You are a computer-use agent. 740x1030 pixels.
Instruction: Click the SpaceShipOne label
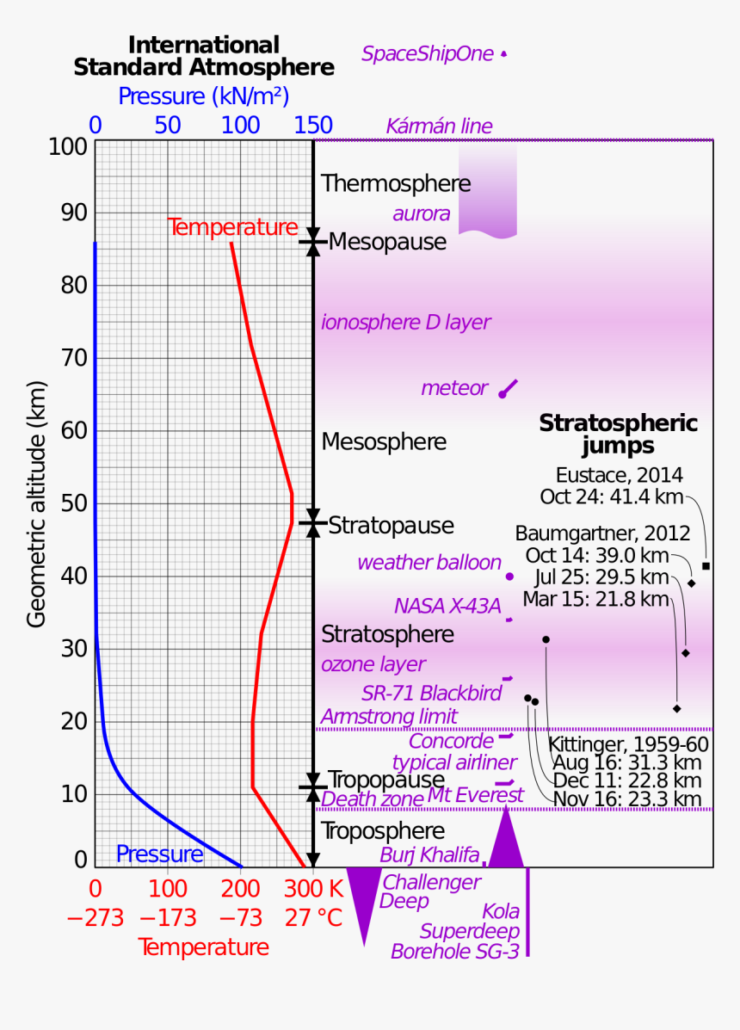tap(428, 54)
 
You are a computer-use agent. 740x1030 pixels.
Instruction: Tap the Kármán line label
tap(439, 126)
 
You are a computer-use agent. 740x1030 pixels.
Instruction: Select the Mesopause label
tap(387, 243)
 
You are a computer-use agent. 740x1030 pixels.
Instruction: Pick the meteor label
tap(454, 389)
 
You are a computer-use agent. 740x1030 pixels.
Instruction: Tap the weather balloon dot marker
tap(509, 577)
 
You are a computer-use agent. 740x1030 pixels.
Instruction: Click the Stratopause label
tap(391, 525)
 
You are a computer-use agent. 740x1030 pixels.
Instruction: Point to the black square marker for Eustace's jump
tap(706, 565)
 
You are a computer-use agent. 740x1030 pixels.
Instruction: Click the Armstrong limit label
tap(389, 716)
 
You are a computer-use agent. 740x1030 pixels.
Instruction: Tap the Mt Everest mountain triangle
tap(506, 839)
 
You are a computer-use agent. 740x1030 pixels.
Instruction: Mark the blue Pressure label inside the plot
tap(159, 854)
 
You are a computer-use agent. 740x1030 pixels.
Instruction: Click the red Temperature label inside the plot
tap(232, 228)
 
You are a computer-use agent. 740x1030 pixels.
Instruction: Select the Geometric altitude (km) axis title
tap(36, 504)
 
